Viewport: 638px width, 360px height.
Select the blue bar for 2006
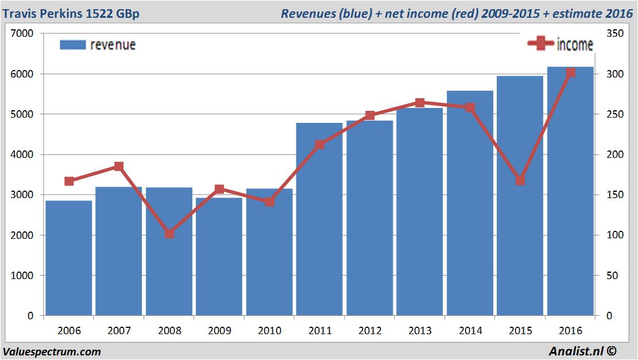69,258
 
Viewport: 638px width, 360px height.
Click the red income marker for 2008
169,234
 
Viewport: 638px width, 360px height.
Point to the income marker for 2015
520,180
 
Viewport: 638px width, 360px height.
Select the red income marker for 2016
570,72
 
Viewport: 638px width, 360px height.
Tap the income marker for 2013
420,103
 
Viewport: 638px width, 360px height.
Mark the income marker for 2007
119,167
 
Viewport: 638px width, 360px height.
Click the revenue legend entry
98,45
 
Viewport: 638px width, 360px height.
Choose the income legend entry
560,44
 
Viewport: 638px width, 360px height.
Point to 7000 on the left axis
22,34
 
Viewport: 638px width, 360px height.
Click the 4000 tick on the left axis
22,155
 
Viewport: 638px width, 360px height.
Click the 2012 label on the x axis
370,331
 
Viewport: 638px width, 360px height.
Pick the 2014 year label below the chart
470,331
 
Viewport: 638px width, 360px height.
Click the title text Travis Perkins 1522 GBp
71,13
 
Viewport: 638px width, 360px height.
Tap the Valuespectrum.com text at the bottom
52,351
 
